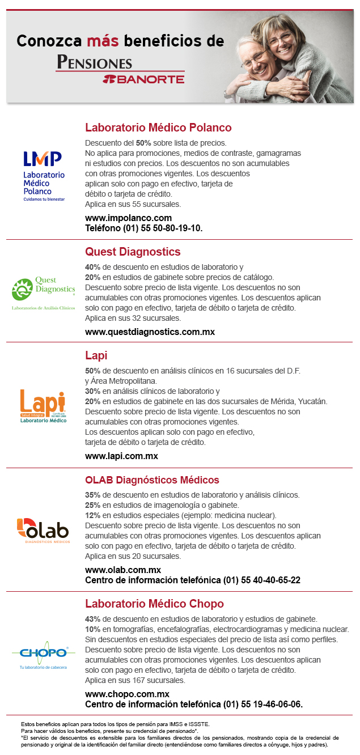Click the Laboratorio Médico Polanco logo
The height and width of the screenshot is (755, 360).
click(44, 176)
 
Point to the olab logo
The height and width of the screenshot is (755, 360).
click(43, 530)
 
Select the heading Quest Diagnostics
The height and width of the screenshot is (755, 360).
click(133, 252)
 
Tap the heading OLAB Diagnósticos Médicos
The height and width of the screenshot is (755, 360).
click(152, 480)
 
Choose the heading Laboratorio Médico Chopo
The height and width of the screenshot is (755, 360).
click(154, 604)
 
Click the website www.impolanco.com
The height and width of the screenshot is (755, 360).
click(128, 218)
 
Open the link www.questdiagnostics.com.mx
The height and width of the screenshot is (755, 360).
click(150, 332)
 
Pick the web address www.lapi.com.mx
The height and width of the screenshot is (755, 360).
click(121, 456)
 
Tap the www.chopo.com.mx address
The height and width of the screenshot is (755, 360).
click(127, 694)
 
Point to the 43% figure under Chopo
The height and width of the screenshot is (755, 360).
click(92, 619)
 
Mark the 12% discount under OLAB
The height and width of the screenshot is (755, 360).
click(92, 515)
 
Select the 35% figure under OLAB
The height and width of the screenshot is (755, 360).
click(92, 495)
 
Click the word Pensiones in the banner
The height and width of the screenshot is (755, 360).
click(95, 62)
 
